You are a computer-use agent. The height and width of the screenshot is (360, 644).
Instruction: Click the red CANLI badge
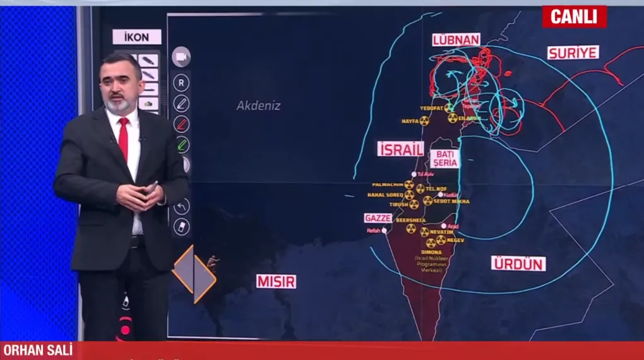[574, 17]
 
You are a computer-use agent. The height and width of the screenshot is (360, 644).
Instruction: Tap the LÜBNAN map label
[456, 40]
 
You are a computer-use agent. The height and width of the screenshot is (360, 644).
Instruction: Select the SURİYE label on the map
[572, 52]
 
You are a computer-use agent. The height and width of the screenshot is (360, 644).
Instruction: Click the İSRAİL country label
[400, 149]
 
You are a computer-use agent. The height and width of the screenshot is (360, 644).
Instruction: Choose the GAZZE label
[378, 218]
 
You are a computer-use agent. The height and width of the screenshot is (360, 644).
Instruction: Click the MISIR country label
[276, 281]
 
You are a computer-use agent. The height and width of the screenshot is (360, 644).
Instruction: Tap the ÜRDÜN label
[518, 263]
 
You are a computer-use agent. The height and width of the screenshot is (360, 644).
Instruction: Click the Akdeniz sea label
[258, 105]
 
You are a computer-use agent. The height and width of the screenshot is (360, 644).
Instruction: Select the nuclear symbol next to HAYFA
[424, 121]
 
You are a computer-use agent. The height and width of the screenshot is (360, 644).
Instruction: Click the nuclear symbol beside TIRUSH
[414, 205]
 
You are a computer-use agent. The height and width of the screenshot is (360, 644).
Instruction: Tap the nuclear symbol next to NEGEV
[441, 240]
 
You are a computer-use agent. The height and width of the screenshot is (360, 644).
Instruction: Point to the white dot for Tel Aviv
[414, 174]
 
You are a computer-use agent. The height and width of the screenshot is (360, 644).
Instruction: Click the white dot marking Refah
[384, 231]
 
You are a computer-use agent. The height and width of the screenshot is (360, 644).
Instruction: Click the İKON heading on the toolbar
[136, 37]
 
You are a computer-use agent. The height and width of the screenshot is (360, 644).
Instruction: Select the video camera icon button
[181, 57]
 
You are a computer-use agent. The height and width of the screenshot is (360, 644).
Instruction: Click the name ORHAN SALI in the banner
[38, 351]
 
